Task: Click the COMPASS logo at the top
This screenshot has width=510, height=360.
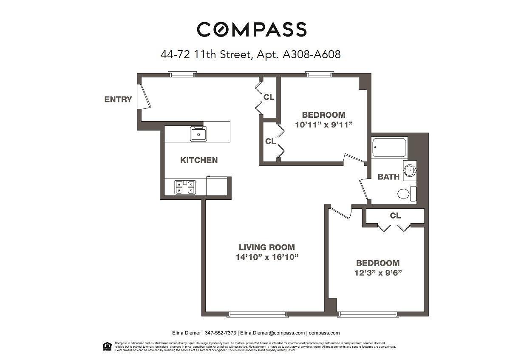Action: (252, 29)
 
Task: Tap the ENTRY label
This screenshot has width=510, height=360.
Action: (118, 99)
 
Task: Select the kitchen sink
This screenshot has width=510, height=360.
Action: (198, 134)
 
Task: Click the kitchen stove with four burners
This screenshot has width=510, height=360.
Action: (185, 187)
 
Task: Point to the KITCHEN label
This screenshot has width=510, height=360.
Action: (199, 160)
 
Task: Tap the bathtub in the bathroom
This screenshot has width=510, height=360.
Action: (389, 147)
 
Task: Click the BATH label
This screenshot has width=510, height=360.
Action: (388, 177)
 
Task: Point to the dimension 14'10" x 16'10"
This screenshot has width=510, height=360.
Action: (266, 257)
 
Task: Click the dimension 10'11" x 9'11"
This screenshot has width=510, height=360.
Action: (324, 125)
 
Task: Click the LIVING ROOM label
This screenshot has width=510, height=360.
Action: (266, 247)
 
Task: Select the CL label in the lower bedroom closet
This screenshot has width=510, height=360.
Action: (395, 215)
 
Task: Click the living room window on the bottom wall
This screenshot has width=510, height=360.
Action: (258, 315)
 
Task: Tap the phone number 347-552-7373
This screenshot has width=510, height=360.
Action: (220, 333)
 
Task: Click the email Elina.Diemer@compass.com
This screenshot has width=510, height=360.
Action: (272, 333)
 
